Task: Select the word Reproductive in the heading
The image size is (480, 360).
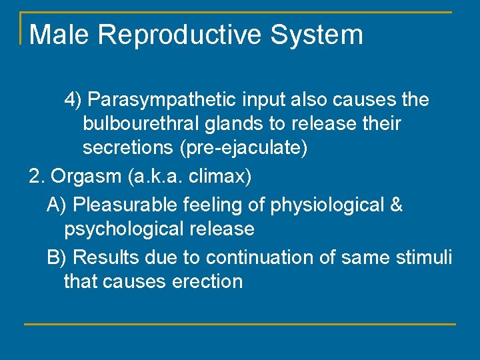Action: [x=177, y=35]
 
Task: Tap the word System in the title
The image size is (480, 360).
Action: [x=319, y=35]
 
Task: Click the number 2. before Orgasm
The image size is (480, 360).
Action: [x=37, y=177]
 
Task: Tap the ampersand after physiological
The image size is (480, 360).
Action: [x=395, y=205]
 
